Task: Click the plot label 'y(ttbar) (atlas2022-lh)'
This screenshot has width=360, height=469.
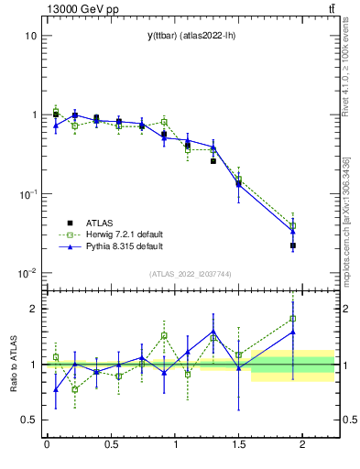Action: tap(189, 36)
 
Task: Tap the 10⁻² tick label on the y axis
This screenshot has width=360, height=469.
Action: tap(27, 273)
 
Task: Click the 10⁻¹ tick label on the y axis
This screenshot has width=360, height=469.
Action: tap(27, 194)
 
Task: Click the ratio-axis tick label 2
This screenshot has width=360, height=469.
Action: tap(33, 309)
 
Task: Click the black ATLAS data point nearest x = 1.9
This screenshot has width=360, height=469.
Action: tap(293, 245)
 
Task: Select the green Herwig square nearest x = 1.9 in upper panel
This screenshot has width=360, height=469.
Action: tap(293, 225)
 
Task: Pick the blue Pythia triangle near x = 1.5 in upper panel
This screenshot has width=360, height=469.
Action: tap(239, 184)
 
